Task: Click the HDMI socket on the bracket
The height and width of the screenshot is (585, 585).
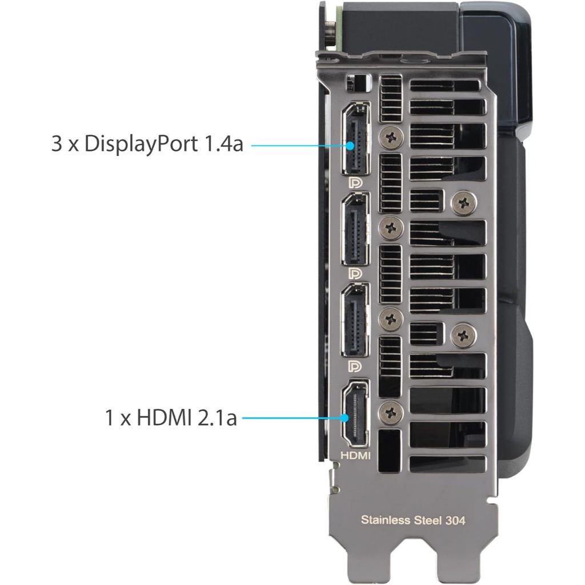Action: [355, 414]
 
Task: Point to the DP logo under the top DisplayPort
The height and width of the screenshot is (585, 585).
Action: [355, 183]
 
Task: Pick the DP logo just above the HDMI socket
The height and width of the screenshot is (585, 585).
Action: [355, 366]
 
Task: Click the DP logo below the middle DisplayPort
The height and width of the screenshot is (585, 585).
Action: [355, 274]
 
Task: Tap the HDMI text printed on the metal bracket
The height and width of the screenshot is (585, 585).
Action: [355, 455]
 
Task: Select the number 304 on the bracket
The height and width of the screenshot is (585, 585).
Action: [455, 520]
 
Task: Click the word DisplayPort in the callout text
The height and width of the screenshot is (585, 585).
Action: [141, 145]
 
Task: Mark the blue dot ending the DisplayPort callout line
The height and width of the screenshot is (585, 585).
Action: [350, 146]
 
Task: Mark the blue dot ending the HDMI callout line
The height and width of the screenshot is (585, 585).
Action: [344, 418]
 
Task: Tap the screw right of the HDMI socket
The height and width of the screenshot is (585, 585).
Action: [391, 412]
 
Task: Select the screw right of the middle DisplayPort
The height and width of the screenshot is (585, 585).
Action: [391, 227]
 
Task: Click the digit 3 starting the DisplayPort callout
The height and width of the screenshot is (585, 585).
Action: [57, 144]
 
